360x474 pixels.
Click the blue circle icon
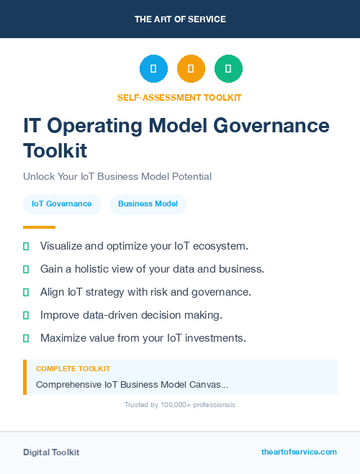153,68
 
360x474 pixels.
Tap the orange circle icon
191,68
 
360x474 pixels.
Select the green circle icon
228,68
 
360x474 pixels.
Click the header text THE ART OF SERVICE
180,19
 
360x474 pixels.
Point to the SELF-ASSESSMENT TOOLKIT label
179,97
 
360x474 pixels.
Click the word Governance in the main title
274,126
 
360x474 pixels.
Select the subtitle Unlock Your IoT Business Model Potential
117,176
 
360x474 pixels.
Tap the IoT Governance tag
62,204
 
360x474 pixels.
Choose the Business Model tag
148,204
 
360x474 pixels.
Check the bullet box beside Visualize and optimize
26,246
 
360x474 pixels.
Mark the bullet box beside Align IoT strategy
26,292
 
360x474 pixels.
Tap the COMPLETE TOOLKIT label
73,368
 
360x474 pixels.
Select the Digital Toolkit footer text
51,452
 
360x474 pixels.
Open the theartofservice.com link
299,452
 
